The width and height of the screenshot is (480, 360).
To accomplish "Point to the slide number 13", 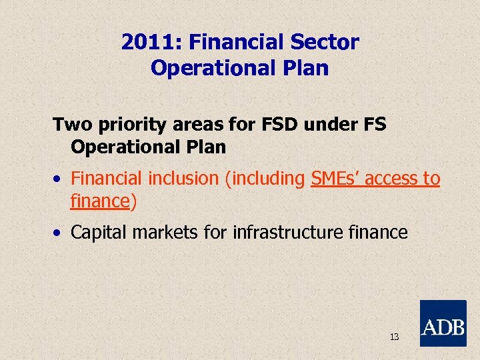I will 394,337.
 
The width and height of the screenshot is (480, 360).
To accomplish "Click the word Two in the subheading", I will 71,125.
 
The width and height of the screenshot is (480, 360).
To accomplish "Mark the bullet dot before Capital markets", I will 59,233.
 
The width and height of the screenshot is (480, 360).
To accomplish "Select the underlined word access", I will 390,179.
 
